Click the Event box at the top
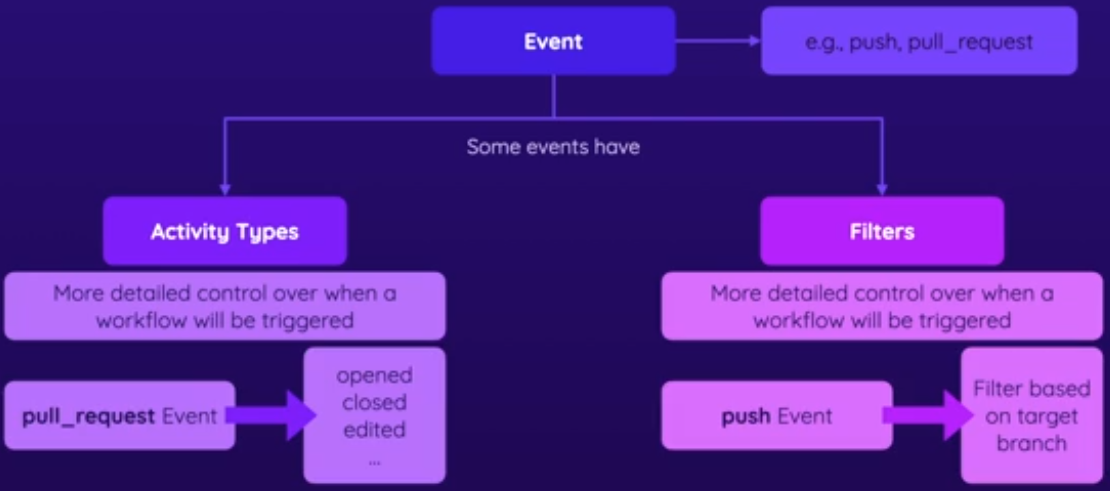[553, 41]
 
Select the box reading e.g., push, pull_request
[919, 41]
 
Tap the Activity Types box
[225, 232]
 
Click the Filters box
[881, 232]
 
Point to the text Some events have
[553, 147]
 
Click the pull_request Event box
[119, 416]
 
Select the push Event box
[776, 416]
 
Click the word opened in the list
[374, 376]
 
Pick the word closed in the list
[374, 402]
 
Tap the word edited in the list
[374, 430]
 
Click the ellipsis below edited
[374, 462]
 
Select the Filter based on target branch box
[1031, 416]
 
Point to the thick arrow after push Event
[928, 415]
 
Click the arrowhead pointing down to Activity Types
[225, 188]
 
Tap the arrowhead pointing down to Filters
[881, 188]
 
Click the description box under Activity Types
[225, 307]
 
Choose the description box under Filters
[881, 307]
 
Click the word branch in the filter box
[1031, 444]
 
